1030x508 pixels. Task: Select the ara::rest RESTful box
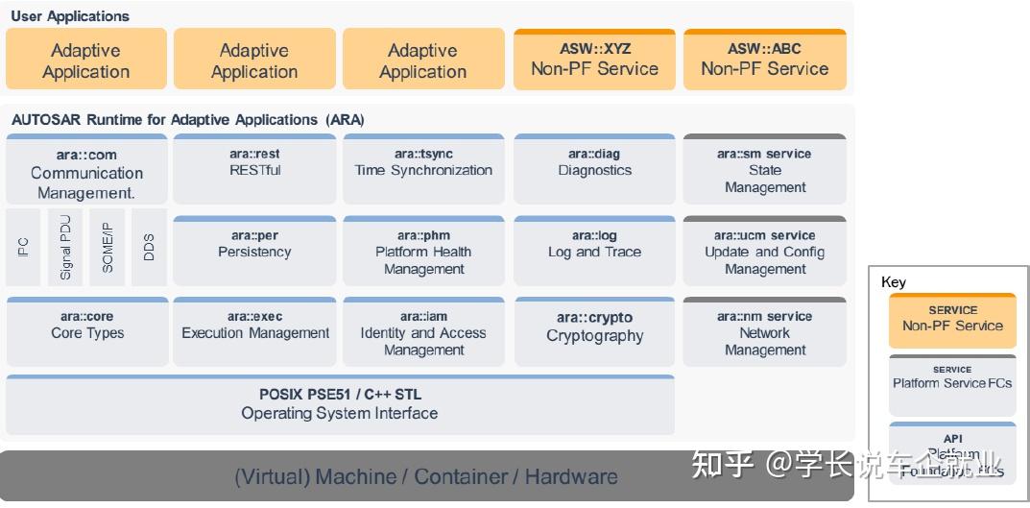tap(254, 168)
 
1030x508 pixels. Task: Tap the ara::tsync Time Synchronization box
tap(423, 168)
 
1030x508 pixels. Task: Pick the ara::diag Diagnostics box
tap(594, 168)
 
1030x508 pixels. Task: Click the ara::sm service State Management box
tap(764, 170)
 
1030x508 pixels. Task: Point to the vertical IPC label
tap(23, 247)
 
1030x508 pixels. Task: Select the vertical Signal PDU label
tap(65, 247)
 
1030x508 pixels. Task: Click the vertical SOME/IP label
tap(108, 247)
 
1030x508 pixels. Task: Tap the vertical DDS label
tap(149, 247)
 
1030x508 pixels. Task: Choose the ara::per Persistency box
tap(254, 250)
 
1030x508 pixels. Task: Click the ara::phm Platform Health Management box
tap(423, 252)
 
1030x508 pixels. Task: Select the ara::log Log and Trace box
tap(594, 250)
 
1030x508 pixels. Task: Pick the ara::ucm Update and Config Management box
tap(764, 252)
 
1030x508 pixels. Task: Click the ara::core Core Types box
tap(86, 331)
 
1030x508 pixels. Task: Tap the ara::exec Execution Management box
tap(254, 331)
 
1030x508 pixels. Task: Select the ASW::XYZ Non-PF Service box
tap(594, 60)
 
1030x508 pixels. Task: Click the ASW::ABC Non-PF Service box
tap(764, 60)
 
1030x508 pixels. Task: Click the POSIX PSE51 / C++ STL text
tap(340, 394)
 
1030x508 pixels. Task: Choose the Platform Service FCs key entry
tap(952, 383)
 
